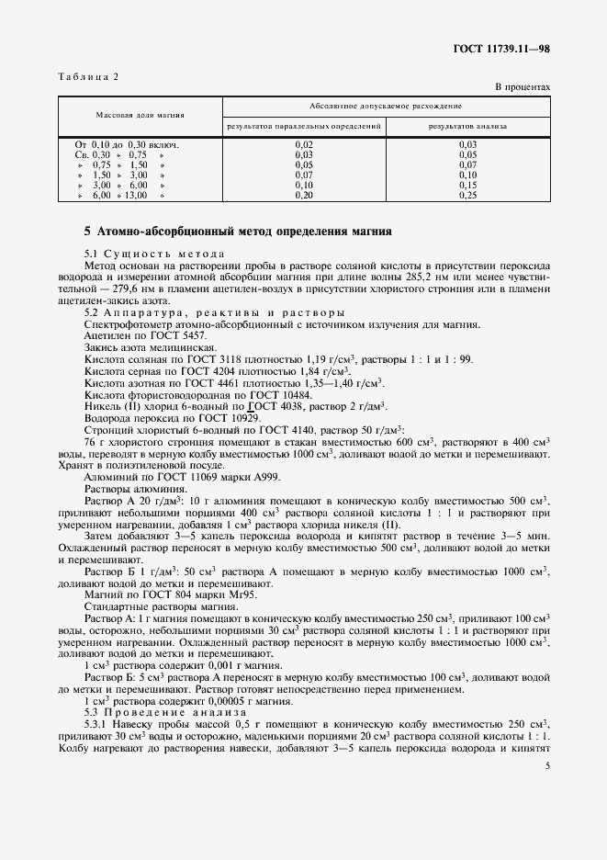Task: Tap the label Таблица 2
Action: coord(89,76)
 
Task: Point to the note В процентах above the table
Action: coord(523,87)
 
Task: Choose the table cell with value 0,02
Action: coord(304,144)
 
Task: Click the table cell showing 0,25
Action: coord(467,196)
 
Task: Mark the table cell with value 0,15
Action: coord(467,185)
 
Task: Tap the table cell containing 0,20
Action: coord(304,196)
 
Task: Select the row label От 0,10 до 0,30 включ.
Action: coord(126,144)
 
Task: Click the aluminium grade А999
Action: coord(269,477)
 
